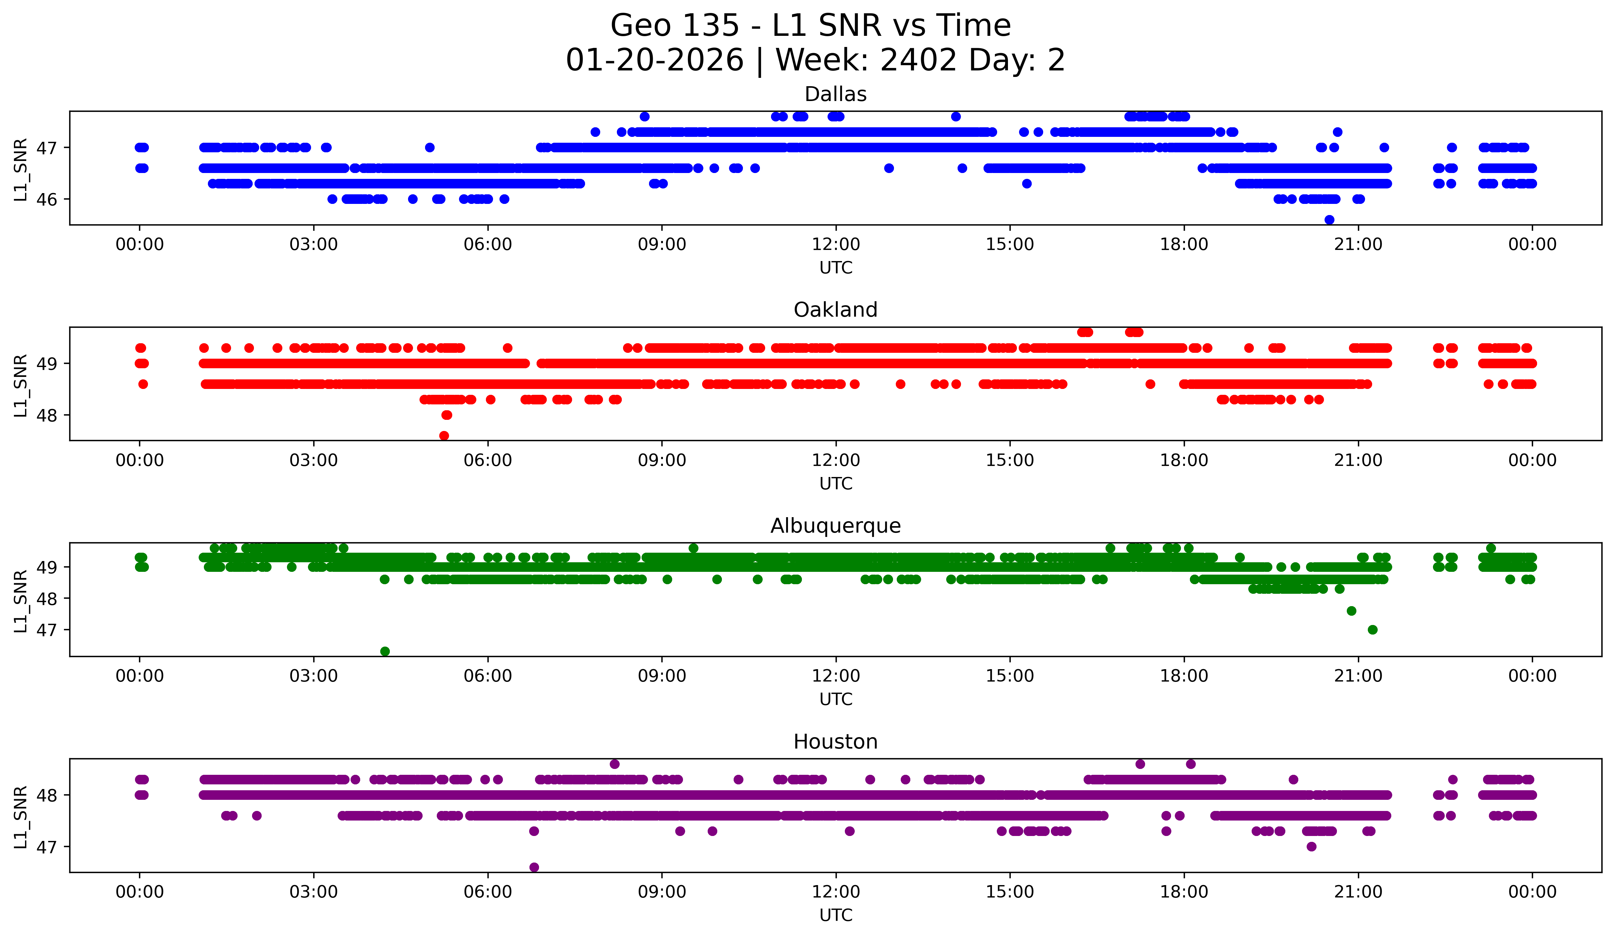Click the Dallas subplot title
coord(835,94)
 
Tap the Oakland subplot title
coord(835,310)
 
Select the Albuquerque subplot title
coord(835,526)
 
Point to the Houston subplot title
coord(835,742)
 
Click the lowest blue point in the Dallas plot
coord(1329,220)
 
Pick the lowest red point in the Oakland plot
coord(444,436)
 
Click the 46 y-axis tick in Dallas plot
coord(46,199)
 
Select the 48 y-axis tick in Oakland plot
coord(46,415)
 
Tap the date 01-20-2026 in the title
coord(655,60)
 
